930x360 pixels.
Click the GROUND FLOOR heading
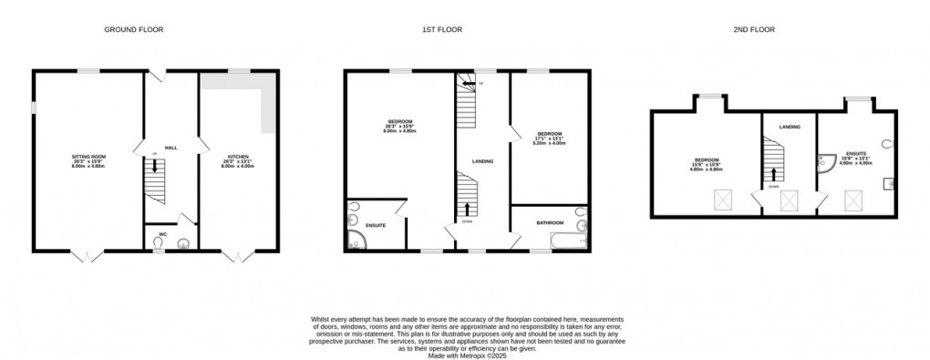point(133,29)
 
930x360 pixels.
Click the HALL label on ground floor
point(170,146)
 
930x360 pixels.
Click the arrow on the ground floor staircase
point(155,167)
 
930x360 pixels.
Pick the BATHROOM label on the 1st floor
point(549,223)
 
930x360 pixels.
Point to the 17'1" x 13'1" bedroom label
point(548,137)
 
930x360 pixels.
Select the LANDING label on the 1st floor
point(482,161)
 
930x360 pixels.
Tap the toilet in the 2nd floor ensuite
point(888,142)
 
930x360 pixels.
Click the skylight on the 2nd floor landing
point(788,198)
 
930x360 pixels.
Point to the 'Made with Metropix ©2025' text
point(464,353)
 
